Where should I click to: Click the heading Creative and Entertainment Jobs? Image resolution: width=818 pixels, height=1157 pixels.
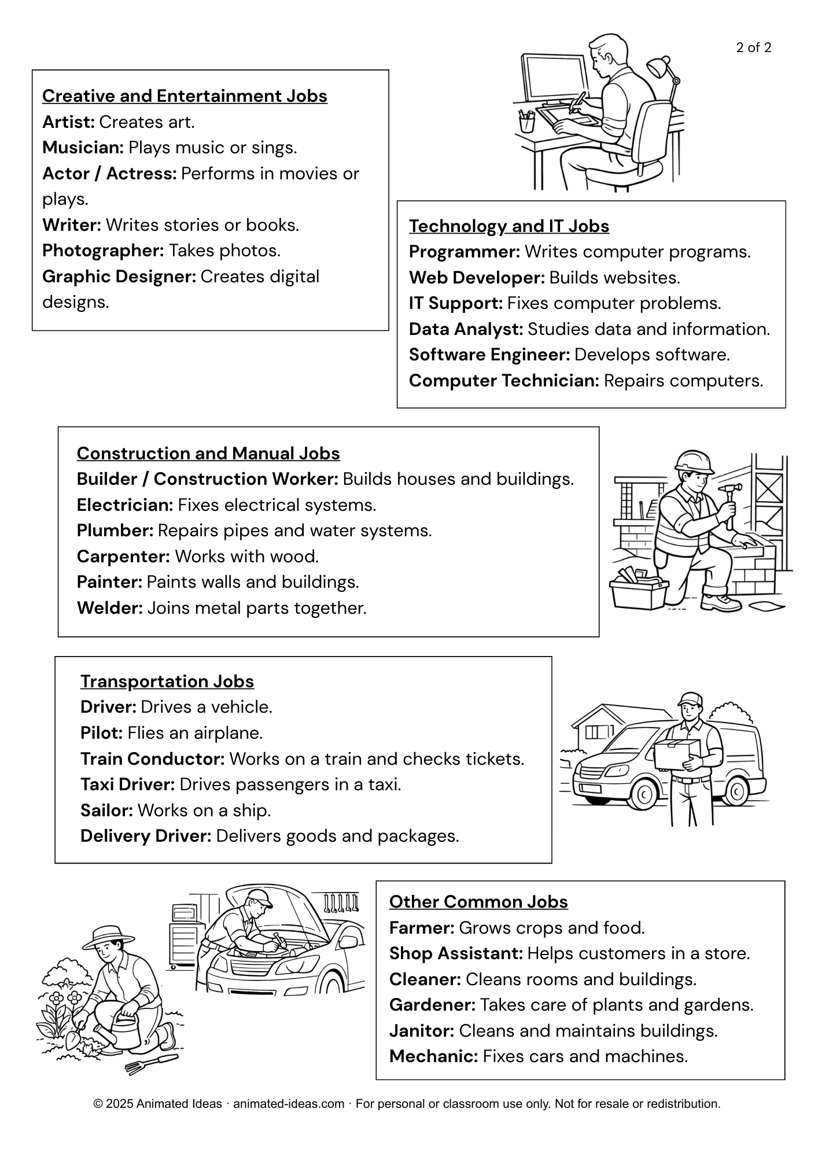click(x=185, y=96)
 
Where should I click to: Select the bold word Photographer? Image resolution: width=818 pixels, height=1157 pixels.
click(x=103, y=250)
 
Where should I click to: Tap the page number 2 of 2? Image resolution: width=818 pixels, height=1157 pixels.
click(x=753, y=48)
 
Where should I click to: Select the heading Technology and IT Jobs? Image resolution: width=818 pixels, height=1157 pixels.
click(x=509, y=226)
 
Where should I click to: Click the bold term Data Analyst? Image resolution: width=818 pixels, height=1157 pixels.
click(x=466, y=329)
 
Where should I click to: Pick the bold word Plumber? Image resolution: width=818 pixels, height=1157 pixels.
click(x=115, y=530)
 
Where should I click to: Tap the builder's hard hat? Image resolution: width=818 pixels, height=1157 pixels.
click(x=694, y=461)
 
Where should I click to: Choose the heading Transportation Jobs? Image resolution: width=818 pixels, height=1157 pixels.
click(x=167, y=681)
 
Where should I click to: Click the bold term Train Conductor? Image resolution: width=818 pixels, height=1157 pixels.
click(x=152, y=759)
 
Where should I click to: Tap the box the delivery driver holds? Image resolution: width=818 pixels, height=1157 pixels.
click(x=677, y=753)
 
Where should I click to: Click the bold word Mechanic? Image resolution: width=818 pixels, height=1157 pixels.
click(x=433, y=1056)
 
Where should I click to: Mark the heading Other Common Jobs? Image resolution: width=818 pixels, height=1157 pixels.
click(x=478, y=902)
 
